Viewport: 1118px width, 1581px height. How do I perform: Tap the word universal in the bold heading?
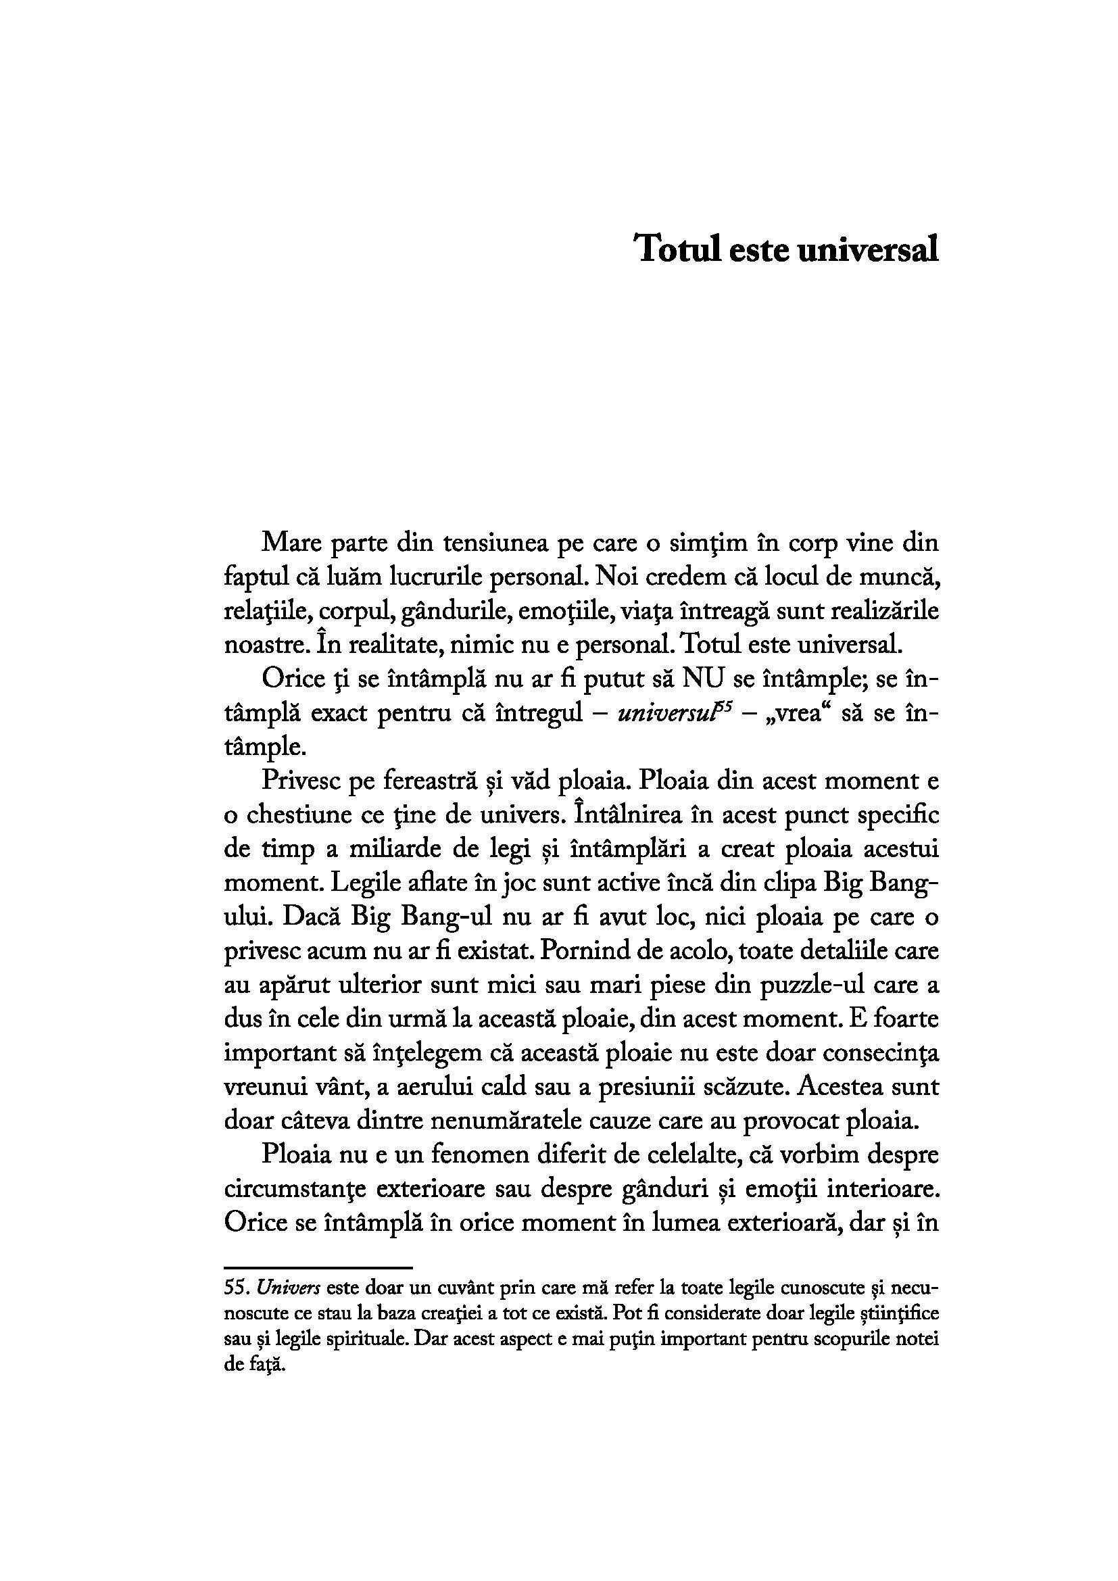tap(867, 249)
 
